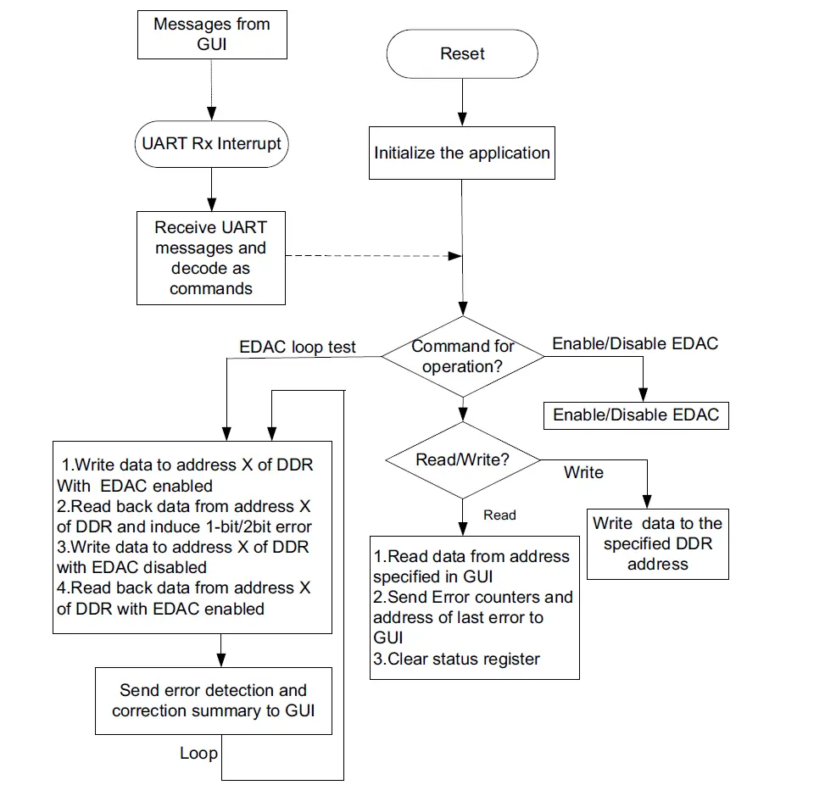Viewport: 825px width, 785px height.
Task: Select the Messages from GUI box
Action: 211,35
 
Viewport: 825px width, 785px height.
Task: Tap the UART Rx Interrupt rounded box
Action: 211,143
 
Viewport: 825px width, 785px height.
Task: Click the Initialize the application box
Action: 462,153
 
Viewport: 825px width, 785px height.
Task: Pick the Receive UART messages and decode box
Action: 211,258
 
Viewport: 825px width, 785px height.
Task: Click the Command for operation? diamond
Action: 462,357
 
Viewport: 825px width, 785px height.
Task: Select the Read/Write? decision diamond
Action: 462,460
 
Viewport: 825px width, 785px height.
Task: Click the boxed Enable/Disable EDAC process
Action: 635,415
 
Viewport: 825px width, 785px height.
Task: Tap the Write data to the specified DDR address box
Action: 657,543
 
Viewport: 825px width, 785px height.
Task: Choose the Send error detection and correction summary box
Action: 213,700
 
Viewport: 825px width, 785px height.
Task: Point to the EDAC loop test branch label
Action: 297,347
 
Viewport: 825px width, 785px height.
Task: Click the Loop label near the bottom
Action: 198,753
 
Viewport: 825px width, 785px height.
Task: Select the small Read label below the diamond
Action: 499,515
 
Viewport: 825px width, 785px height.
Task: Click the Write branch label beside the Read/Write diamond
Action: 583,472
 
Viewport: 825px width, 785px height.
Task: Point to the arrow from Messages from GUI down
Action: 211,89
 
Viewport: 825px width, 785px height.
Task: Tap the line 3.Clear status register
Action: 456,659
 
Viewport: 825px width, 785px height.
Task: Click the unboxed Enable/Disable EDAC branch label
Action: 635,343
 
